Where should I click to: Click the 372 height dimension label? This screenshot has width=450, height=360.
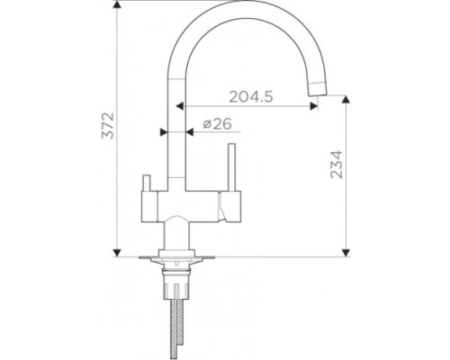pyautogui.click(x=108, y=125)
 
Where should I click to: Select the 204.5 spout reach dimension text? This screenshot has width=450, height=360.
pyautogui.click(x=251, y=96)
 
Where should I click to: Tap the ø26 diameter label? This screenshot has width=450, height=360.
pyautogui.click(x=218, y=123)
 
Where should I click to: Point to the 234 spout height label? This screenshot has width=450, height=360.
pyautogui.click(x=337, y=165)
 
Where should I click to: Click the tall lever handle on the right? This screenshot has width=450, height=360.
pyautogui.click(x=231, y=167)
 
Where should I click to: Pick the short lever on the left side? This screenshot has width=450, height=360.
pyautogui.click(x=147, y=183)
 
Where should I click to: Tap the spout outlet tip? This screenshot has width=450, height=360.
pyautogui.click(x=318, y=89)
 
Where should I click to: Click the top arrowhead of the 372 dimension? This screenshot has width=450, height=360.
pyautogui.click(x=117, y=4)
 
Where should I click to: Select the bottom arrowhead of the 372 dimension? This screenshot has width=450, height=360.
pyautogui.click(x=117, y=253)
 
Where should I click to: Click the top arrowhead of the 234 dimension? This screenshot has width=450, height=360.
pyautogui.click(x=346, y=100)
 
